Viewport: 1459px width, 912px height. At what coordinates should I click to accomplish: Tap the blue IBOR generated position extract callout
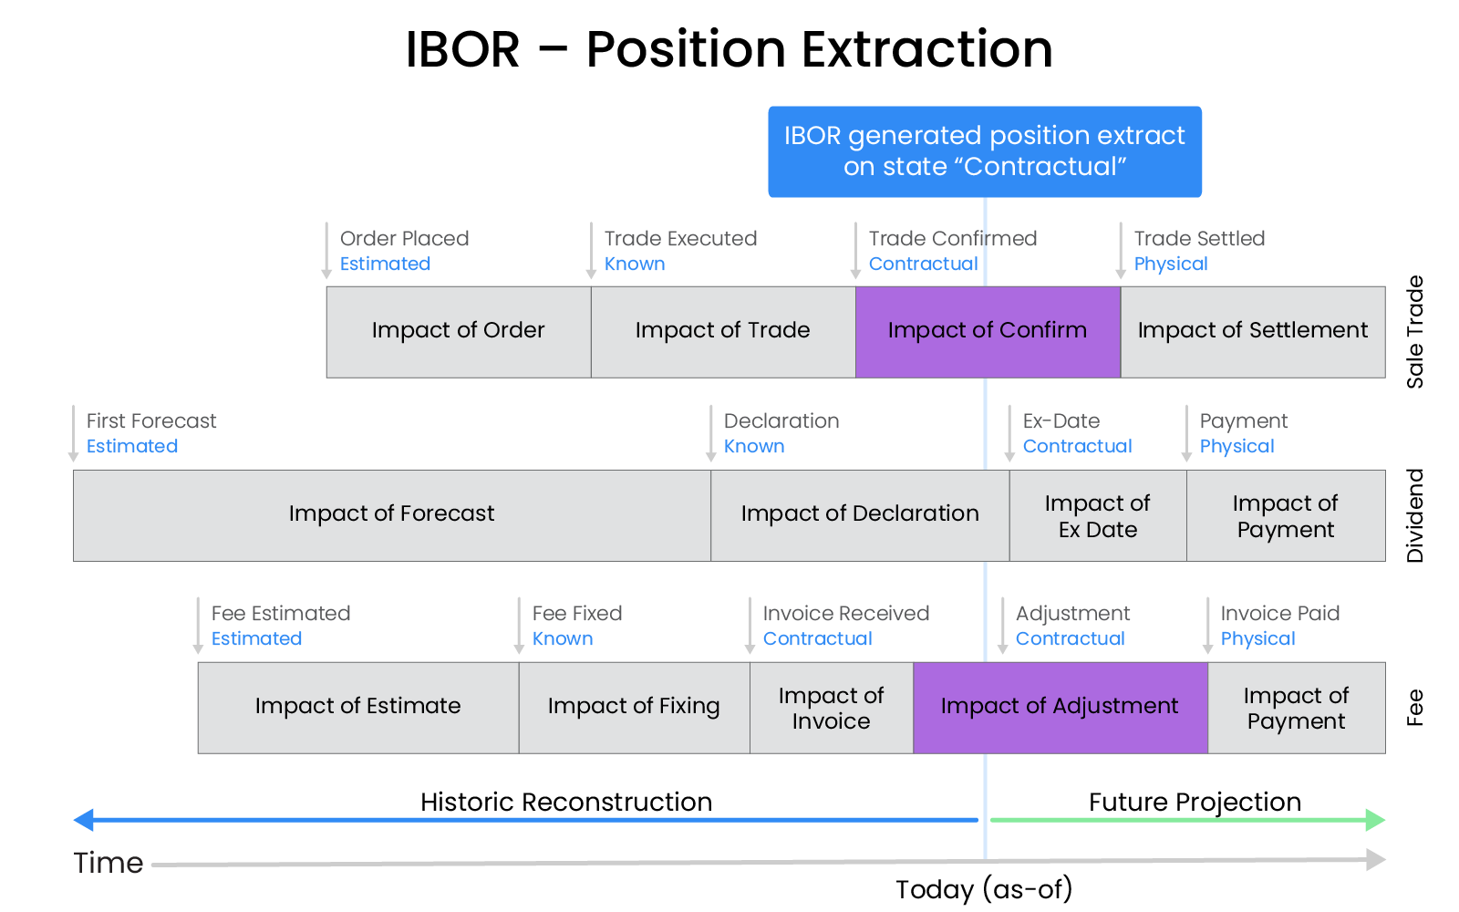point(984,151)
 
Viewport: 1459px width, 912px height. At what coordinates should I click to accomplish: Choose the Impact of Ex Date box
point(1097,516)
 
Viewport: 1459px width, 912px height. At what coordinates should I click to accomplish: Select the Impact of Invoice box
point(831,708)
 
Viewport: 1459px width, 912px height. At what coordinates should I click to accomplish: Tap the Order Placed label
point(404,239)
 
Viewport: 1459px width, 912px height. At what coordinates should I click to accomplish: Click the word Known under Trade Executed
point(635,264)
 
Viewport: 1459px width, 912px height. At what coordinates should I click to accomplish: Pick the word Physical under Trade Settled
point(1170,264)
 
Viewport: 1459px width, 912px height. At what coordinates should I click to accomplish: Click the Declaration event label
point(781,421)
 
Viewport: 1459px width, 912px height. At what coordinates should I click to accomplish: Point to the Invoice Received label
point(845,614)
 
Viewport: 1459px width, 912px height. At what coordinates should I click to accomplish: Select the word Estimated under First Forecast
point(132,447)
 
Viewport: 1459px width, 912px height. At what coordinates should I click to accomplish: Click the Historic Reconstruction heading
point(565,802)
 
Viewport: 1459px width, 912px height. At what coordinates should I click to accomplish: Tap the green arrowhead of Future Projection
point(1375,820)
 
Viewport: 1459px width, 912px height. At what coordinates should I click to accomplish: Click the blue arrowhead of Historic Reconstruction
point(84,820)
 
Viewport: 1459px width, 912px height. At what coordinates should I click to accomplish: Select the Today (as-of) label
point(983,889)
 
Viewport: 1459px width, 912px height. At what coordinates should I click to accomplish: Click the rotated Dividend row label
point(1414,515)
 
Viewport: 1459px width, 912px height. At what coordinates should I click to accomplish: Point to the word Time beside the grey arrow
point(109,863)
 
